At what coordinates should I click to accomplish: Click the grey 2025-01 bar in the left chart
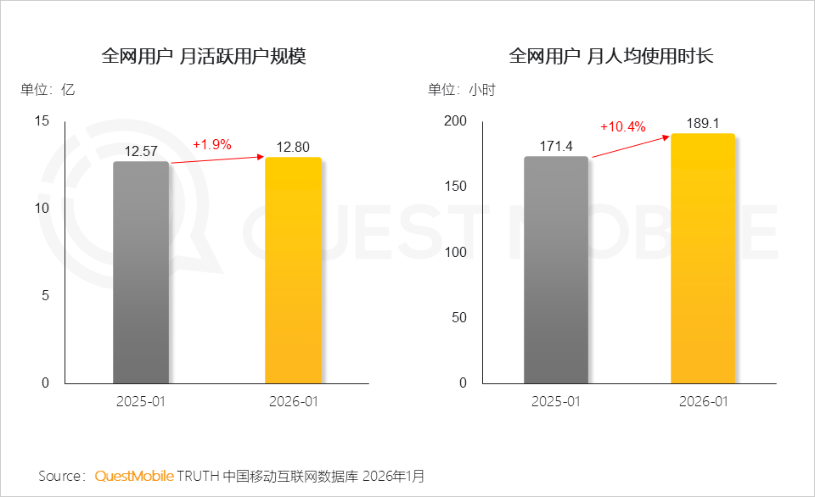point(141,272)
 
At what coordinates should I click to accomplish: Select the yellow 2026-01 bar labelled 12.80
point(294,271)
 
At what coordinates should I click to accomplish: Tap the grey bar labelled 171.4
point(555,270)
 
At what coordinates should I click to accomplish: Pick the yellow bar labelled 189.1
point(703,259)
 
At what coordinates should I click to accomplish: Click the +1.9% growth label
point(212,144)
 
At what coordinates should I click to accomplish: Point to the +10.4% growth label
point(623,127)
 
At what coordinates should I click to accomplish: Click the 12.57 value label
point(141,152)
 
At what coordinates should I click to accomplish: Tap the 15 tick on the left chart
point(42,121)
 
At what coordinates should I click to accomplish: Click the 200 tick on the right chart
point(456,121)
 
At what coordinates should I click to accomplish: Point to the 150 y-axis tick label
point(456,187)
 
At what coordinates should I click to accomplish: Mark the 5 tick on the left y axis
point(47,296)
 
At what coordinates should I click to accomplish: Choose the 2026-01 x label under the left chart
point(294,401)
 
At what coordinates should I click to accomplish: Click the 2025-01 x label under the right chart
point(555,401)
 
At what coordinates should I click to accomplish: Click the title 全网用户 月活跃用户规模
point(203,57)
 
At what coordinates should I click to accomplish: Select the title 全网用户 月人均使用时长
point(611,57)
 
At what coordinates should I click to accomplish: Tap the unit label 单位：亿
point(48,90)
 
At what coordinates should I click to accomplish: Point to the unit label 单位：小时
point(462,90)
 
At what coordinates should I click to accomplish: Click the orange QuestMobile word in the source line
point(134,476)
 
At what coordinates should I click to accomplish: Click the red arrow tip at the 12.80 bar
point(262,156)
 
